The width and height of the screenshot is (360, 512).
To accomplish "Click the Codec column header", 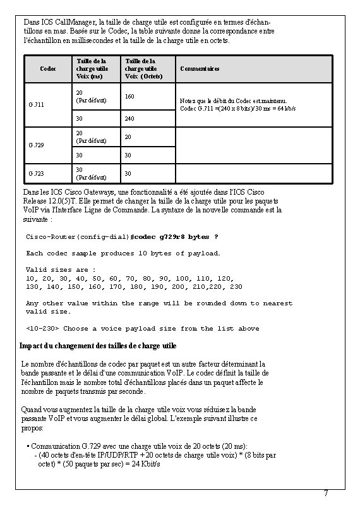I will click(47, 69).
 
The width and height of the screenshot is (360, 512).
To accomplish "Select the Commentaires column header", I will click(200, 69).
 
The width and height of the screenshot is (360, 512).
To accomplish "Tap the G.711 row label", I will click(36, 104).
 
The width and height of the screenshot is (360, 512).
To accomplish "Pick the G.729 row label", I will click(36, 145).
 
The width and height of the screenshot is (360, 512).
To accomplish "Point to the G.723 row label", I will click(36, 173).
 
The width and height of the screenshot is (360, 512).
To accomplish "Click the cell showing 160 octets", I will click(129, 97).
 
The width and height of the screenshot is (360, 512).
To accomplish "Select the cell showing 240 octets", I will click(129, 118).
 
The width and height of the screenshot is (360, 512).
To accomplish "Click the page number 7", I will click(325, 493).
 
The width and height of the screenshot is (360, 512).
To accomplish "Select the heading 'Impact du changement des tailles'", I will click(99, 346).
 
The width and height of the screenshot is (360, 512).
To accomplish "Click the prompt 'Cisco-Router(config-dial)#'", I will click(77, 236).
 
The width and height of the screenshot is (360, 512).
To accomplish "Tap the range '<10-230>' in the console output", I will click(42, 329).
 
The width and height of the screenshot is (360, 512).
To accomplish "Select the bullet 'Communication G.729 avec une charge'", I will click(139, 446).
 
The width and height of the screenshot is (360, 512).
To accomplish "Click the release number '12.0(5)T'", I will click(57, 200).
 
